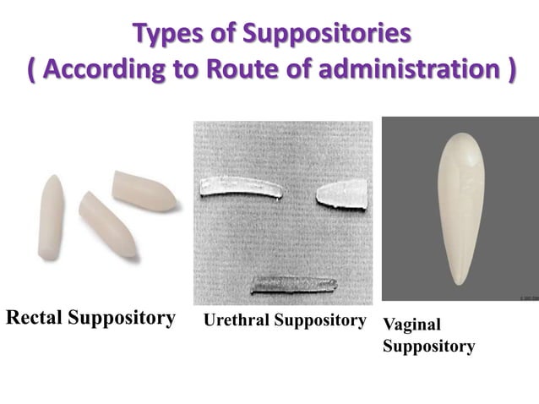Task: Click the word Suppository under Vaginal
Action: coord(428,347)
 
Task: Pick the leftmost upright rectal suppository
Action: coord(48,210)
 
